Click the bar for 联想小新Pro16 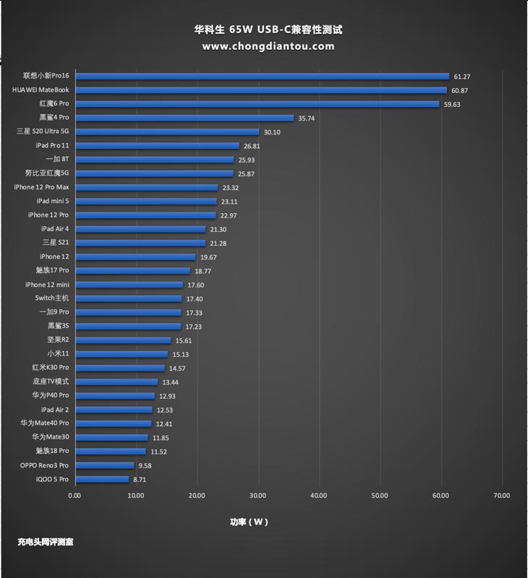click(262, 76)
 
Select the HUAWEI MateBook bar click(260, 90)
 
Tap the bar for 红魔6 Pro click(257, 104)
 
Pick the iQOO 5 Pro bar click(101, 479)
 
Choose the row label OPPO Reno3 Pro click(45, 465)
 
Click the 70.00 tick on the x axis click(501, 496)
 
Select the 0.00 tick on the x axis click(74, 496)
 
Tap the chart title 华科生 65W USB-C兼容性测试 click(264, 30)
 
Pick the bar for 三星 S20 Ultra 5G click(166, 131)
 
